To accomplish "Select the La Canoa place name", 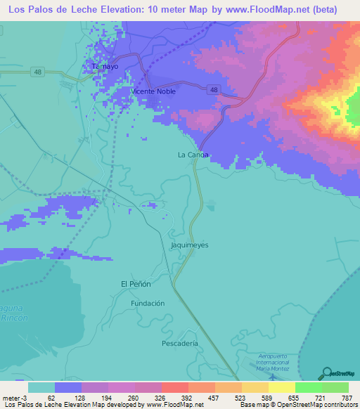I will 193,155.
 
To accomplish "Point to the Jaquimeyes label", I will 190,245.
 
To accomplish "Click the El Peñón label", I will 136,283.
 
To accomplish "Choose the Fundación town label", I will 148,303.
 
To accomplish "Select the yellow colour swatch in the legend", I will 281,387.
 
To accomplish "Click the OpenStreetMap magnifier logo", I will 327,373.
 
